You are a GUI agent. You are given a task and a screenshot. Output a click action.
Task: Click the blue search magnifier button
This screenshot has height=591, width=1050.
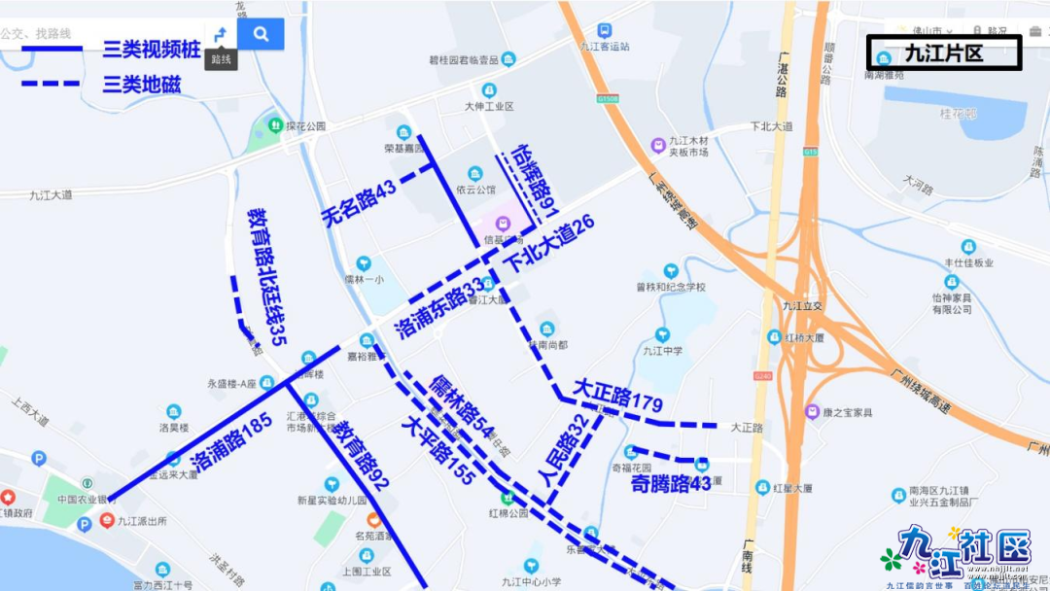pos(261,34)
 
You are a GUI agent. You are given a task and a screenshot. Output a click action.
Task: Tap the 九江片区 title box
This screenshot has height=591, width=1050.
pos(943,53)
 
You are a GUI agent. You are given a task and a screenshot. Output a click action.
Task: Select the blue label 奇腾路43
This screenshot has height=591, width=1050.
pos(671,483)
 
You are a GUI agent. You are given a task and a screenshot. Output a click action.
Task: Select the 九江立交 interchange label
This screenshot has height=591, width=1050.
pos(803,305)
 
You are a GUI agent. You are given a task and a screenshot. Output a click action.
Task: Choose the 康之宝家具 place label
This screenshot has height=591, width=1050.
pos(848,412)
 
